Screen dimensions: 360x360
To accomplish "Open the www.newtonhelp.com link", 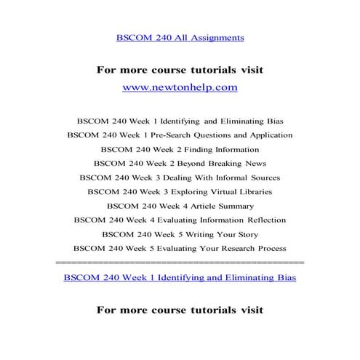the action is point(180,87).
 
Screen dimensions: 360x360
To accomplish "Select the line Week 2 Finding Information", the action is point(180,149).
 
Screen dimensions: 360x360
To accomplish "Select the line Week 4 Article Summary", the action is point(180,206).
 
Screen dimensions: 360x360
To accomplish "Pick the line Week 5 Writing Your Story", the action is point(180,233).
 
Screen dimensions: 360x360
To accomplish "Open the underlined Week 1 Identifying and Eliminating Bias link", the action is point(180,277).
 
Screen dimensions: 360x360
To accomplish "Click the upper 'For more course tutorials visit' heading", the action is point(180,70).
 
